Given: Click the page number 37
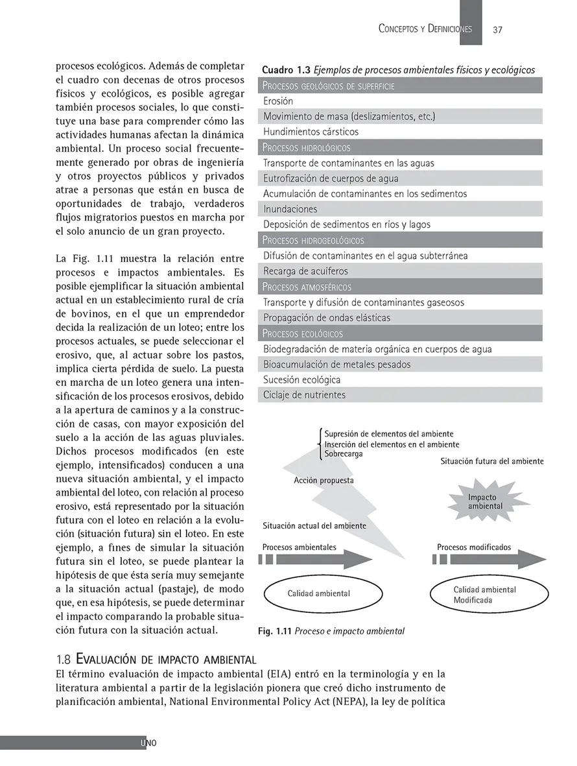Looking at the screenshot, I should coord(498,29).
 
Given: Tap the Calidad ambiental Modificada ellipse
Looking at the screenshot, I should coord(484,595).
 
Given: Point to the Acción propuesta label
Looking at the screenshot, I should coord(324,481).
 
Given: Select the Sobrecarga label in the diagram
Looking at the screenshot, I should coord(344,454).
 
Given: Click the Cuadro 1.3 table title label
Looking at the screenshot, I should coord(286,70).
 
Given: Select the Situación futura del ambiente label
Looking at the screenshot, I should coord(491,461).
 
